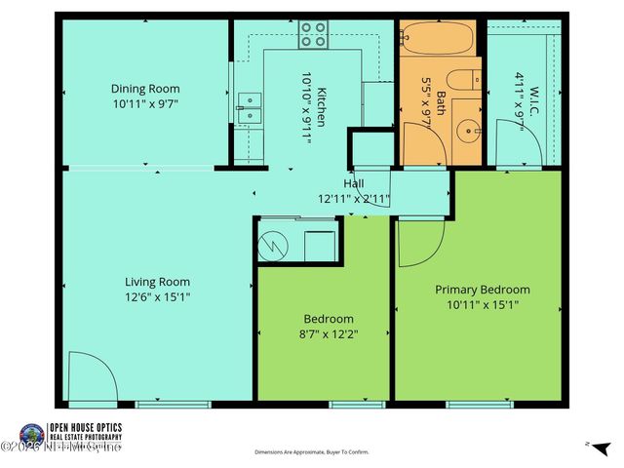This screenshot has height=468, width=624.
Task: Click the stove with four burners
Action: [312, 35]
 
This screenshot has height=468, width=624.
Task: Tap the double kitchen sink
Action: [251, 106]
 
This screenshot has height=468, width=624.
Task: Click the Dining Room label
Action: [144, 87]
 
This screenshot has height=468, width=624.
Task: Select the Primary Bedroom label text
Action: [482, 290]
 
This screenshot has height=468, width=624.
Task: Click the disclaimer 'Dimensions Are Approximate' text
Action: [312, 452]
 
